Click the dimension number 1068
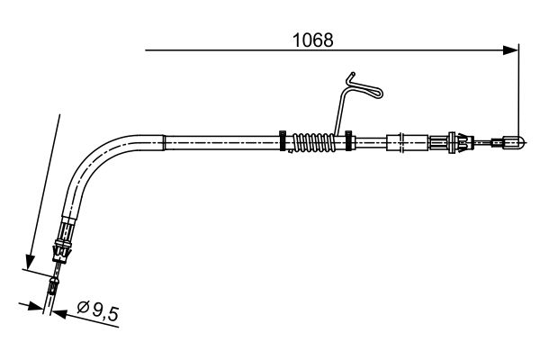(312, 40)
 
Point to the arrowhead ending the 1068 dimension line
(510, 50)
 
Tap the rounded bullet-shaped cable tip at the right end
(515, 141)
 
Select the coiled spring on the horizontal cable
(313, 142)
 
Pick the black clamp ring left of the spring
(283, 140)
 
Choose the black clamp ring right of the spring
(348, 140)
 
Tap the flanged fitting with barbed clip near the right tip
(452, 142)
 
